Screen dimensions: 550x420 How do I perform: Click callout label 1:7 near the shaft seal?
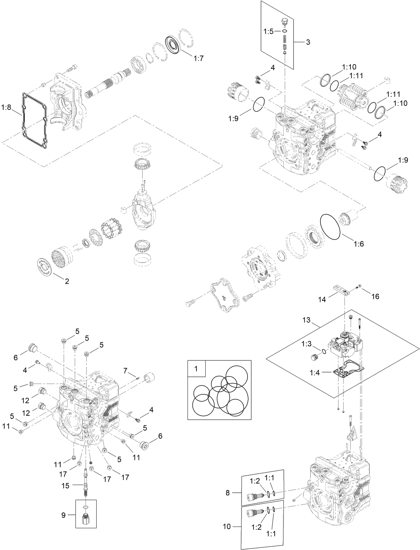[198, 59]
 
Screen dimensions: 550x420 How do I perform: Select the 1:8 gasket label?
[6, 108]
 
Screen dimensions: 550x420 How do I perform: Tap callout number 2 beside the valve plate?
[67, 281]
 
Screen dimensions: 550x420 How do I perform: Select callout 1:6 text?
[358, 244]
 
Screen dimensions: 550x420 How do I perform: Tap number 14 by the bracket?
[322, 299]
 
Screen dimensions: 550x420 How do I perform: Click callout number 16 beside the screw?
[375, 296]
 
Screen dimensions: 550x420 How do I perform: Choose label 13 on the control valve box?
[307, 320]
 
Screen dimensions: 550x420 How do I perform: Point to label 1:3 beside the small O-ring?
[306, 344]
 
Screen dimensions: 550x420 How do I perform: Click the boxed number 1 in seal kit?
[196, 369]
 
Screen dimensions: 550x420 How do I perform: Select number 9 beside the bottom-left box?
[63, 515]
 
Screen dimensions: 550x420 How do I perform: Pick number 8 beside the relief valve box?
[227, 493]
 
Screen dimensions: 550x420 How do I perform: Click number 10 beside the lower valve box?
[227, 527]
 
